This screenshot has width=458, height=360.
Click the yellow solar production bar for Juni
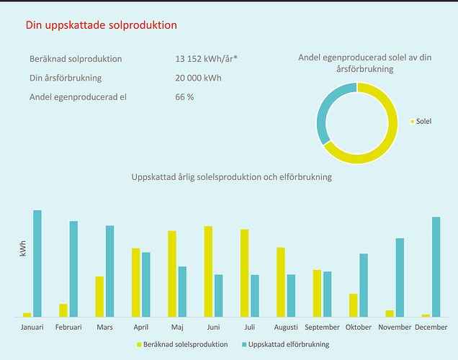[208, 271]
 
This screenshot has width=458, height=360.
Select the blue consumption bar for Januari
[37, 264]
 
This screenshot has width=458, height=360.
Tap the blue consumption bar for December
[436, 266]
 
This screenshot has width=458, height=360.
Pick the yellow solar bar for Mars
[100, 297]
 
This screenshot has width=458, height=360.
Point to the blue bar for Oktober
[364, 285]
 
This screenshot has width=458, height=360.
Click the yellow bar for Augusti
[281, 282]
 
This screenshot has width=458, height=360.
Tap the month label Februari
[69, 327]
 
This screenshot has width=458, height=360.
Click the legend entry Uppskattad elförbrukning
[287, 344]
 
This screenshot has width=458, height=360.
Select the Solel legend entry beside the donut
[423, 122]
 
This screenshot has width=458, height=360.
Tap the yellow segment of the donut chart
[390, 129]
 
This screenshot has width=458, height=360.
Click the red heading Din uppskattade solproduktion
[101, 25]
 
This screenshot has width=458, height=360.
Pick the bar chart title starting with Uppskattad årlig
[231, 176]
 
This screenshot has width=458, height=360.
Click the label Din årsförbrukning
[65, 78]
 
